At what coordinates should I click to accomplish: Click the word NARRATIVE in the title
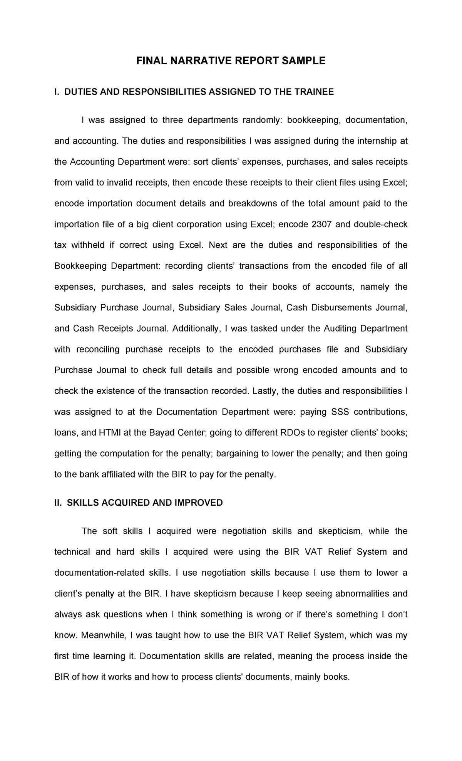tap(200, 60)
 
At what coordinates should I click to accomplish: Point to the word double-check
tap(381, 224)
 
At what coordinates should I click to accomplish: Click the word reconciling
tap(98, 349)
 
